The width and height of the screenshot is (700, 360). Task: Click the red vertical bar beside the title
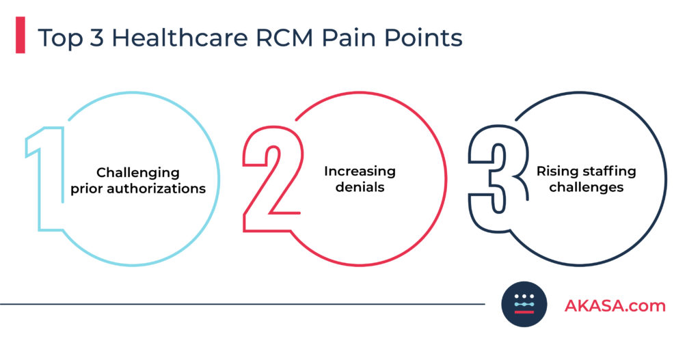point(20,35)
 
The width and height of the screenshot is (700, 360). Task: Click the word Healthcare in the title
point(180,38)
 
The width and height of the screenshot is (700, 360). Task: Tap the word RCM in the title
point(284,38)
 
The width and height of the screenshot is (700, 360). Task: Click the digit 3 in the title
point(96,38)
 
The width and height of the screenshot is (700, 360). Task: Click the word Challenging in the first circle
point(138,172)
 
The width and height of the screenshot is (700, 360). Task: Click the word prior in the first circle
point(87,189)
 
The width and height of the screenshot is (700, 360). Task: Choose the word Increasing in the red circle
point(360,171)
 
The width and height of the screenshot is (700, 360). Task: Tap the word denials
point(360,186)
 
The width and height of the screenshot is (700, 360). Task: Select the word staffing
point(608,171)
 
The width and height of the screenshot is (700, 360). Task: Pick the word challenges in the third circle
point(586,187)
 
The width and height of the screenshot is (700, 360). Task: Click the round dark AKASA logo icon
point(524,304)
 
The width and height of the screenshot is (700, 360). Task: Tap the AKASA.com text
point(615,305)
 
